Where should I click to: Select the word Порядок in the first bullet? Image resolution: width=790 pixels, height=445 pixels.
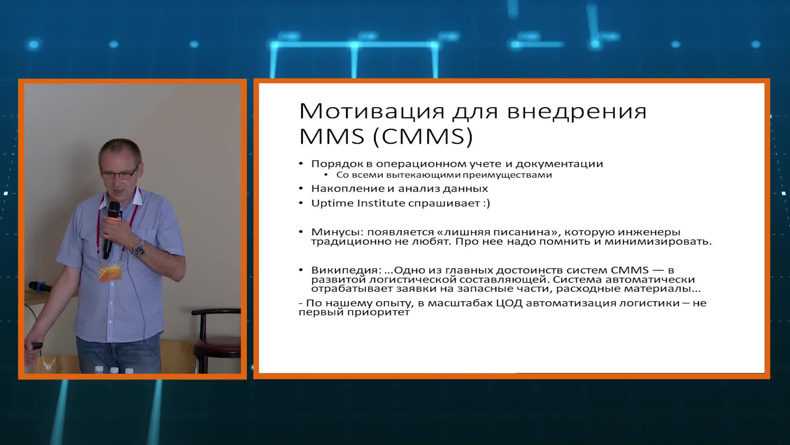click(337, 164)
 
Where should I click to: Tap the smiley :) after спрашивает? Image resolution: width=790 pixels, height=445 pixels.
click(486, 203)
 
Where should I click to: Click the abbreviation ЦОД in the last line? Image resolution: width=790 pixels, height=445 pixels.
click(510, 303)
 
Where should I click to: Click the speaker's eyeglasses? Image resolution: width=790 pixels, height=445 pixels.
click(119, 173)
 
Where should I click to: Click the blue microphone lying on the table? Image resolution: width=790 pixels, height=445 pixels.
click(40, 286)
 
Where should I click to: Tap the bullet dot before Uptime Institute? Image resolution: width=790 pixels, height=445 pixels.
click(301, 204)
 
